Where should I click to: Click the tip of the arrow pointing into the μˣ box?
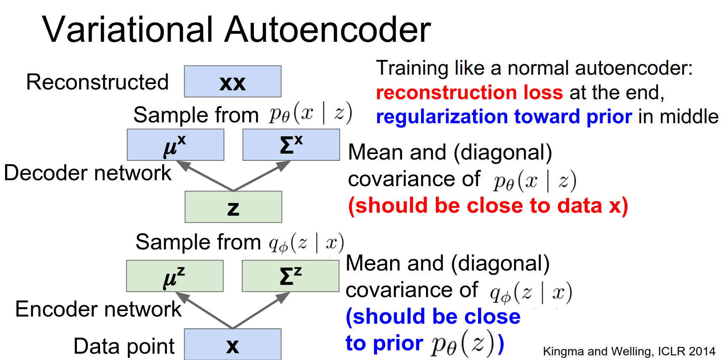(x=176, y=161)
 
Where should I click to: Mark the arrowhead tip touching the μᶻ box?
(x=175, y=292)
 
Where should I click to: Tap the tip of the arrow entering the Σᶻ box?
(x=290, y=292)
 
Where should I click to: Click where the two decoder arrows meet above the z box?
(x=234, y=191)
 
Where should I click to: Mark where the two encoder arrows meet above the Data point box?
(x=233, y=328)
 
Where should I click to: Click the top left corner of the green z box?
(x=185, y=191)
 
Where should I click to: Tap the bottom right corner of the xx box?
(x=281, y=97)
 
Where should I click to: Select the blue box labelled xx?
(x=233, y=81)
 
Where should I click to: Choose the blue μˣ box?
(x=176, y=145)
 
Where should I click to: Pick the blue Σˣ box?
(x=291, y=145)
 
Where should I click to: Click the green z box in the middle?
(x=234, y=207)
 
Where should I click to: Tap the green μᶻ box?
(x=175, y=276)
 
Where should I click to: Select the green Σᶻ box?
(x=291, y=276)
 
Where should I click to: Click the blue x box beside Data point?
(x=233, y=344)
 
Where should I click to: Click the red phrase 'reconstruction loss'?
(x=470, y=92)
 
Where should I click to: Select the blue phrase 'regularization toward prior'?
(x=504, y=117)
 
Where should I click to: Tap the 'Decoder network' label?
(x=87, y=173)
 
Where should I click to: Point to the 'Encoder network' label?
(x=98, y=309)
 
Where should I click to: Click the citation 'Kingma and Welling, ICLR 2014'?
(x=629, y=351)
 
